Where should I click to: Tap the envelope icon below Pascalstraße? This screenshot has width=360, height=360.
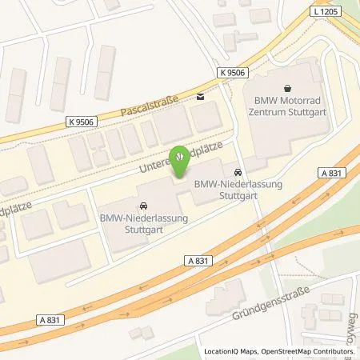point(200,98)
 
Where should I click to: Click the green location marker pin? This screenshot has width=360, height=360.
point(182,158)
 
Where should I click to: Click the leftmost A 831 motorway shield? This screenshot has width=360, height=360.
point(22,320)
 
